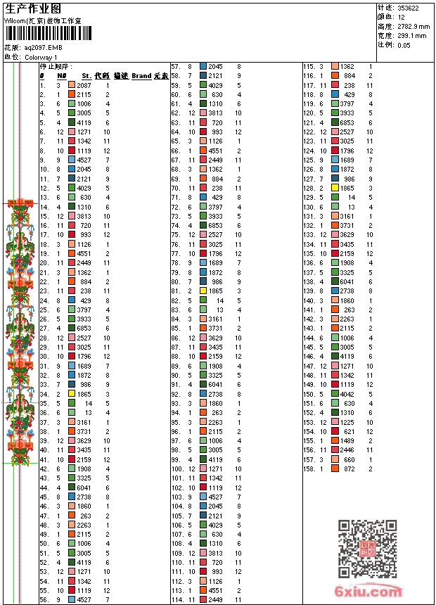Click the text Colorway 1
coord(41,57)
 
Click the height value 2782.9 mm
coord(413,26)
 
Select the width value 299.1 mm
coord(412,35)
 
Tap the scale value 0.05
coord(404,44)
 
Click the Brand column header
coord(141,75)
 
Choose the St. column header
coord(86,75)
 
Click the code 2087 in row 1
coord(84,84)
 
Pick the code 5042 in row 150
coord(347,394)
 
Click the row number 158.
coord(307,469)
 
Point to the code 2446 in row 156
coord(347,450)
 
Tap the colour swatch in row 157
coord(335,459)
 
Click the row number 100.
coord(177,469)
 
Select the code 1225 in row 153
coord(347,422)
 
